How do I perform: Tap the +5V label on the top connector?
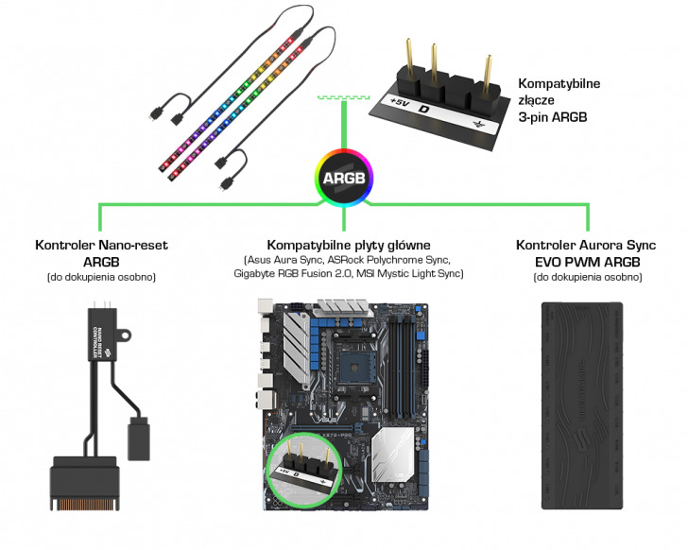coord(400,101)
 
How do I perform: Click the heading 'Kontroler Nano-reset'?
coord(101,245)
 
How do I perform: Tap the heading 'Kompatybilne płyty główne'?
coord(349,245)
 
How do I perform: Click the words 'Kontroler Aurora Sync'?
coord(586,245)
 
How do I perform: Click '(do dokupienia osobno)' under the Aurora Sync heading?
coord(586,277)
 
